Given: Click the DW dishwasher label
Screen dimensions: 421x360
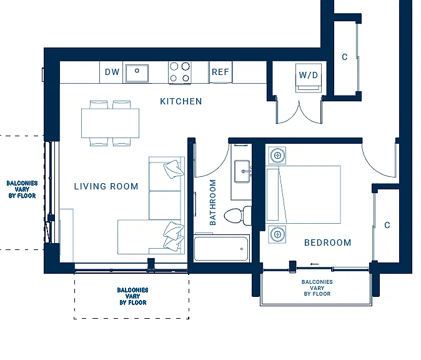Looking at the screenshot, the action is tap(112, 72).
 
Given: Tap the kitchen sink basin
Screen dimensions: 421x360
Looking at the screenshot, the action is tap(137, 73).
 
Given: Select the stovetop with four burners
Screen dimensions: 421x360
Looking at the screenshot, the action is tap(180, 72).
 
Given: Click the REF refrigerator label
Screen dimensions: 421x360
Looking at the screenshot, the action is tap(220, 72).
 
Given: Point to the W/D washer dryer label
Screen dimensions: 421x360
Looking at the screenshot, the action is tap(308, 75).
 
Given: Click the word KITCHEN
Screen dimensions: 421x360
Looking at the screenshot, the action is tap(181, 101).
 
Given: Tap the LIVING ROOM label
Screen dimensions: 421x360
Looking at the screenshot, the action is tap(106, 186).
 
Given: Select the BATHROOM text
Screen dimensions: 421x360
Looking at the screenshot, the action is tap(212, 202).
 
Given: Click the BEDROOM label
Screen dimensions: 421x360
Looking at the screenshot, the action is tap(327, 243).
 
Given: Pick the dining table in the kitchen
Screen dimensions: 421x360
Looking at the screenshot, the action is tap(110, 123).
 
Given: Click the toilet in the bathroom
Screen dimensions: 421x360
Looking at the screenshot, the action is tap(238, 216).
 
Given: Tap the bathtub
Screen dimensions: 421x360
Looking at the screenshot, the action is tap(221, 249).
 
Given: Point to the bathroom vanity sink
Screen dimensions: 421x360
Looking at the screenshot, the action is tap(242, 171).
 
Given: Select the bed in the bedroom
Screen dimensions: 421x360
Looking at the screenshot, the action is tap(304, 195).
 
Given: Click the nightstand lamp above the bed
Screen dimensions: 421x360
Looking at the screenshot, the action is tap(277, 155).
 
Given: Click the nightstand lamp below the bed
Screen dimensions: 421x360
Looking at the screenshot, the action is tap(277, 234).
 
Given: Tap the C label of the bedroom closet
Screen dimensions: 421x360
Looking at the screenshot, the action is tap(387, 225).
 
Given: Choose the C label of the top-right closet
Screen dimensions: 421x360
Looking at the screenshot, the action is tap(345, 57).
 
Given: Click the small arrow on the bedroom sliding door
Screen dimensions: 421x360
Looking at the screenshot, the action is tap(314, 264).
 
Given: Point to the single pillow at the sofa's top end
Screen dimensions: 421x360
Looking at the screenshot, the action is tap(174, 169).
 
